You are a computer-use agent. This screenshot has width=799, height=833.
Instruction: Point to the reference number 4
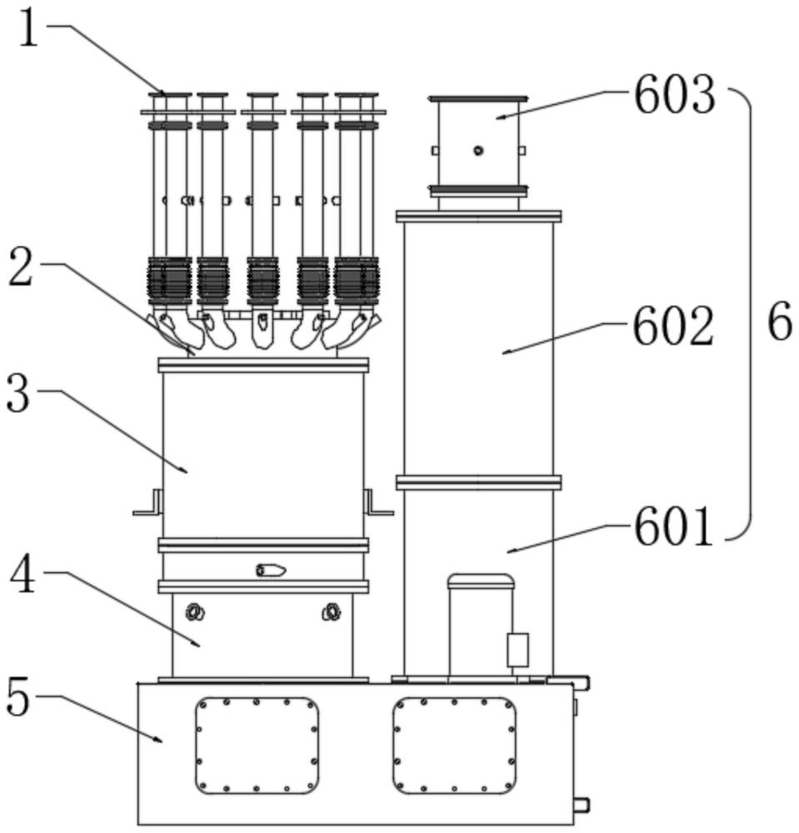(x=23, y=575)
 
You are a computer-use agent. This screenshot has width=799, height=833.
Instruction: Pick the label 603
(x=675, y=96)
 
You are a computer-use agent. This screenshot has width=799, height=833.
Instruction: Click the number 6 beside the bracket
(x=779, y=322)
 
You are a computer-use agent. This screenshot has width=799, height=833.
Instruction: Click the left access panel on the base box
(x=257, y=746)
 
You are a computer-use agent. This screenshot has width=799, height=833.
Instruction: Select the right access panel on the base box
(x=454, y=746)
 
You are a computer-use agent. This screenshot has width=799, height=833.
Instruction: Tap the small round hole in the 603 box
(x=478, y=150)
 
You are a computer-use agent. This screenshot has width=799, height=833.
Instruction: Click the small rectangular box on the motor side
(x=517, y=650)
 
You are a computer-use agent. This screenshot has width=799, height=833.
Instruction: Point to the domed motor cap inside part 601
(x=481, y=581)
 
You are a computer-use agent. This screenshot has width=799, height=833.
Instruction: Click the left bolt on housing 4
(x=195, y=612)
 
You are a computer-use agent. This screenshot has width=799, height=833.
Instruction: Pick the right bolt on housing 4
(x=332, y=612)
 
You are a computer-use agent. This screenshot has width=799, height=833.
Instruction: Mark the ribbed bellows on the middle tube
(x=262, y=282)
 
